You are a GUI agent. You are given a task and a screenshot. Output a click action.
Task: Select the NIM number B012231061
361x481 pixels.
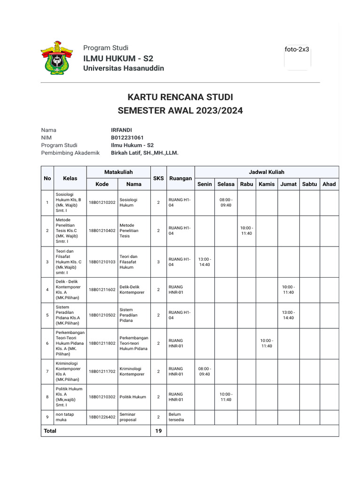[127, 138]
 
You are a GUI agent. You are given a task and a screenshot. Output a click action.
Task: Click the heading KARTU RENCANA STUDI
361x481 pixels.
[180, 97]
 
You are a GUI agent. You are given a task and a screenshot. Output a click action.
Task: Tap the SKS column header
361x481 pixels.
[158, 178]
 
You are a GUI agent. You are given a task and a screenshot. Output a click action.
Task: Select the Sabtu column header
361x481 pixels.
[309, 184]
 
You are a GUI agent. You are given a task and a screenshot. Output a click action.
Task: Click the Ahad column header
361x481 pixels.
[329, 184]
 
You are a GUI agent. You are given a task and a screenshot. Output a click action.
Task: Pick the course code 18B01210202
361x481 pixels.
[102, 202]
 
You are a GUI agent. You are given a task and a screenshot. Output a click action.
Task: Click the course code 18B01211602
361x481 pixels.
[102, 290]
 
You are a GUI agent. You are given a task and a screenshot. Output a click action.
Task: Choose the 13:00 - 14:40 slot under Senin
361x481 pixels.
[205, 262]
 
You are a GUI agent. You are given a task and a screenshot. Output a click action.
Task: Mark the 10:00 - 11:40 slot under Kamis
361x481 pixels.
[267, 343]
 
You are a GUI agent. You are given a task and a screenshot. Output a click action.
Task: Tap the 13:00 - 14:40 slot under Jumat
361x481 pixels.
[288, 315]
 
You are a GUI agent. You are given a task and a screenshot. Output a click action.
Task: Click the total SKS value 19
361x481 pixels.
[158, 430]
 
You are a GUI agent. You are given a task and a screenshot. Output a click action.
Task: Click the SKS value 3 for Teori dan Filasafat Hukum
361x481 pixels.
[158, 262]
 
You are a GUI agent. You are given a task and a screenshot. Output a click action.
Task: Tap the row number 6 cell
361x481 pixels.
[47, 343]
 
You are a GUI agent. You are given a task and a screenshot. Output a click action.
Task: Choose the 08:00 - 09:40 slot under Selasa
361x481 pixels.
[226, 202]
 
